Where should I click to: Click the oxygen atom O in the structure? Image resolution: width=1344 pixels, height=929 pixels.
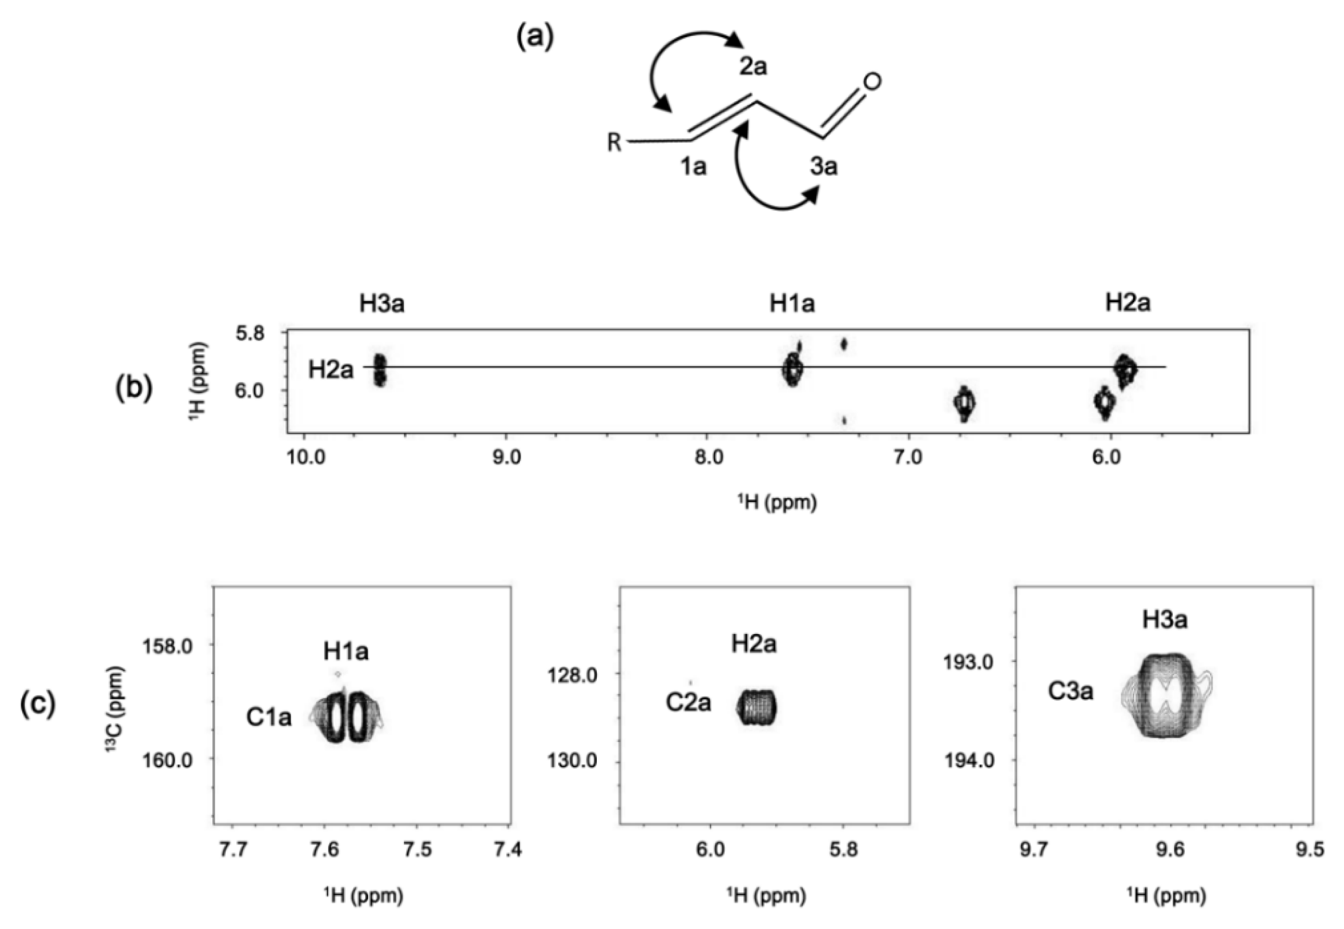871,81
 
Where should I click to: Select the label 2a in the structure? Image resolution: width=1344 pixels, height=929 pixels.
753,67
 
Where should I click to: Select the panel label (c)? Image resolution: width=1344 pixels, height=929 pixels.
38,704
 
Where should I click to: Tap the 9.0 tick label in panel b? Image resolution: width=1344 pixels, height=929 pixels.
507,457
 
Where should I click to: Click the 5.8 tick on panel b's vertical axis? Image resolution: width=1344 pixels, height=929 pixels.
250,334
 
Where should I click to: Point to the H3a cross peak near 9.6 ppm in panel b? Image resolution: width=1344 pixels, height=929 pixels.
379,370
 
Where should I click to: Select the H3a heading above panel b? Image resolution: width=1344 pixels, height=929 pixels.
382,304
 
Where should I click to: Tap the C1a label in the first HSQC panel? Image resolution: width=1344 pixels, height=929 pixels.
269,717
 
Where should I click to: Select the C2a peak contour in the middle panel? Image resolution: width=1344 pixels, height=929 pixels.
757,707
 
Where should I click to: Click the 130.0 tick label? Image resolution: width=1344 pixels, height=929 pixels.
571,761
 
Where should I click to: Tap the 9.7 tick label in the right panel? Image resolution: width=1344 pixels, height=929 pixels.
1033,849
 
